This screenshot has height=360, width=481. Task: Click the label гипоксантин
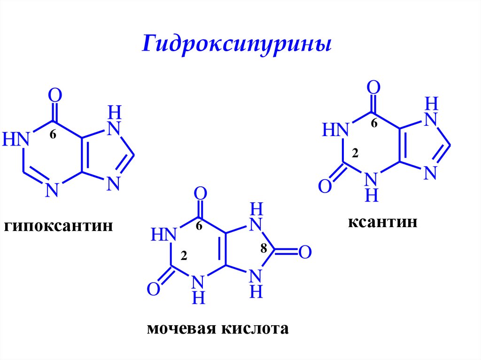[x=59, y=227]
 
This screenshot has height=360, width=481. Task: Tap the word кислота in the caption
[x=253, y=328]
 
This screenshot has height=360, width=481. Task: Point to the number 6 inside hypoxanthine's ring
[x=53, y=135]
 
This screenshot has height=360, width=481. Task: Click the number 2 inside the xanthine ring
[x=356, y=153]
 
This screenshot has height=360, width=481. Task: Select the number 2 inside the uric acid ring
[x=184, y=256]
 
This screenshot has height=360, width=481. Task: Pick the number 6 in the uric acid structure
[x=199, y=226]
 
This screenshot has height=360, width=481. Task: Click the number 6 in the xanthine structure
[x=374, y=124]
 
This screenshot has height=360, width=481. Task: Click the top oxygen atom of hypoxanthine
[x=55, y=96]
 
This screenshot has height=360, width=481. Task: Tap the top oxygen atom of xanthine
[x=373, y=87]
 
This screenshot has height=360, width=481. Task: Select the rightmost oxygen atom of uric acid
[x=305, y=252]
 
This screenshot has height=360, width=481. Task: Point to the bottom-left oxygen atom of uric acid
[x=154, y=289]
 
